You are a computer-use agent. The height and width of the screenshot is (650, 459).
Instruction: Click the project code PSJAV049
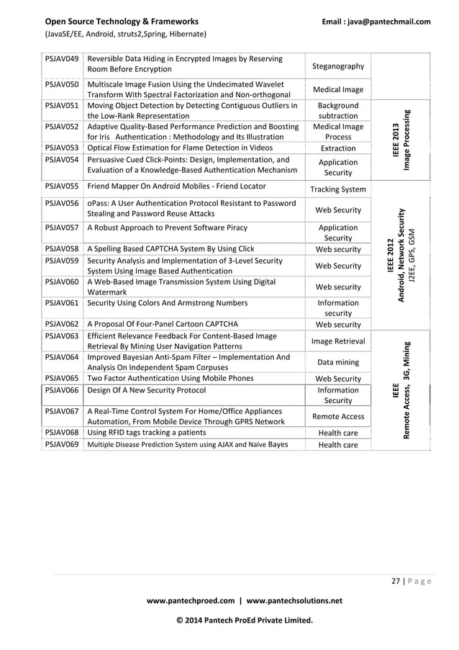coord(60,58)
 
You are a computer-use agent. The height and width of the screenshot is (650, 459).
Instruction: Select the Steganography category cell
coord(337,66)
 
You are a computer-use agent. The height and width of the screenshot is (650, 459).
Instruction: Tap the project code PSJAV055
coord(60,186)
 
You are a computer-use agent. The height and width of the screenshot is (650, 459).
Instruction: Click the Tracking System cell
coord(337,189)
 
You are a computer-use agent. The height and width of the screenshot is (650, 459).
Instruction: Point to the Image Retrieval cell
coord(337,341)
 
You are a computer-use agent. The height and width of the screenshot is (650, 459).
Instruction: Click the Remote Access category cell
coord(337,416)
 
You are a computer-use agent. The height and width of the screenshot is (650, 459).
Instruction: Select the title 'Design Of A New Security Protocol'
coord(146,390)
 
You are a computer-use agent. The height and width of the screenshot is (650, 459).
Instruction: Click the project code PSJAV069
coord(60,444)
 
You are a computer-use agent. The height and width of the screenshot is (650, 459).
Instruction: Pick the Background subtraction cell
coord(337,110)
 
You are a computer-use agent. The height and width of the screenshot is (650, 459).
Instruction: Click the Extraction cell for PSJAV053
coord(337,148)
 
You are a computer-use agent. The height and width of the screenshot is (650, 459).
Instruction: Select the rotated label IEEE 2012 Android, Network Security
coord(401,256)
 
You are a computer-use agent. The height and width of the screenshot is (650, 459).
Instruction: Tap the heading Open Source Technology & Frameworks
coord(122,22)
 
